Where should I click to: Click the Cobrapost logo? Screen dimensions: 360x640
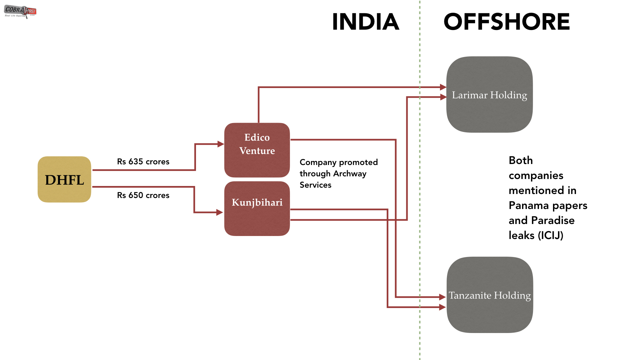click(20, 11)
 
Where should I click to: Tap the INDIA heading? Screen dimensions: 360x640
click(365, 22)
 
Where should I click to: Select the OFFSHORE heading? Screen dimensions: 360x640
click(506, 22)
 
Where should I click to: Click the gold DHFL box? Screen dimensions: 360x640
click(64, 180)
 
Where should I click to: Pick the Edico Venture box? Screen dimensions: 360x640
click(257, 150)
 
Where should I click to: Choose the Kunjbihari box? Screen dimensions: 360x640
click(257, 209)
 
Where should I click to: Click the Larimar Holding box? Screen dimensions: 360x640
click(489, 95)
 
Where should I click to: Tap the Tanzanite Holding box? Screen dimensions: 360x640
click(489, 295)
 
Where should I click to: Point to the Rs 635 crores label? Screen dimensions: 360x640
click(143, 162)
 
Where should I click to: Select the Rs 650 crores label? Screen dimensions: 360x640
click(143, 195)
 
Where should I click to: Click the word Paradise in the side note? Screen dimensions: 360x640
click(553, 220)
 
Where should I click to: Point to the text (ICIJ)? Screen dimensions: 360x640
click(550, 235)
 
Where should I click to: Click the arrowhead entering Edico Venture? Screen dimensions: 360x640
click(221, 144)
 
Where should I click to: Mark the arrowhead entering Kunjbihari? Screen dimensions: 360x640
click(220, 212)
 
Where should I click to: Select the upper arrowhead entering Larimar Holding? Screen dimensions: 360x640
click(443, 87)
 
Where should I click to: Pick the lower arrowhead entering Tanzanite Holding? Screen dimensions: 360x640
click(443, 307)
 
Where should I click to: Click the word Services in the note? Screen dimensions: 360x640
click(315, 185)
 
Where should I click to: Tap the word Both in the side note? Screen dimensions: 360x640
click(521, 160)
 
